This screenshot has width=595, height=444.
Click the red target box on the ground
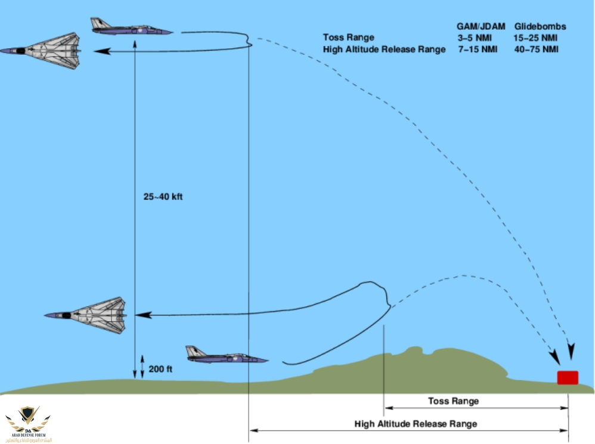(567, 377)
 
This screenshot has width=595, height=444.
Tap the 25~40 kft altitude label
(163, 197)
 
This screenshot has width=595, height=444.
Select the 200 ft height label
(160, 369)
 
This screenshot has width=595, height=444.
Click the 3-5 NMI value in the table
(474, 38)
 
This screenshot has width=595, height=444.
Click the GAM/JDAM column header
(481, 27)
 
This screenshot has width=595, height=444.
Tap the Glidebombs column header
(540, 27)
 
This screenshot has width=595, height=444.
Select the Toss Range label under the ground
(453, 401)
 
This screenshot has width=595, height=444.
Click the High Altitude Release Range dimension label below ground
(416, 424)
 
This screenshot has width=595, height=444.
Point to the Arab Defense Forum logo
(27, 423)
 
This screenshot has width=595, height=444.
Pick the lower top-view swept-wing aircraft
(87, 315)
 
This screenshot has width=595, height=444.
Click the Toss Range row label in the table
(348, 38)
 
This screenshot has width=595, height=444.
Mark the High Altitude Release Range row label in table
(384, 49)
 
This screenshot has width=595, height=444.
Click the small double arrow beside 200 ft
(142, 367)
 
